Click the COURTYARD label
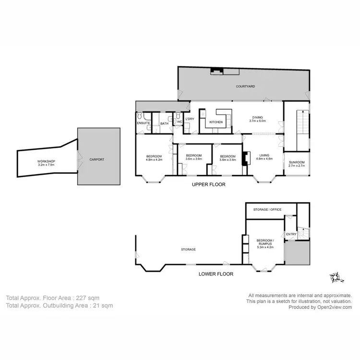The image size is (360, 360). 245,86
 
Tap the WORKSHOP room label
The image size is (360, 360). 47,163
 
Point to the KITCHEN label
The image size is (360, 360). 216,122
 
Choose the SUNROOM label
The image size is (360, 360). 297,162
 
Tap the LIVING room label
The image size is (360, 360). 264,156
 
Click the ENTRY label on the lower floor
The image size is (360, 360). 291,234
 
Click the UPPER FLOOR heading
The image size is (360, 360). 208,184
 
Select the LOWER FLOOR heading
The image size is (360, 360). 216,274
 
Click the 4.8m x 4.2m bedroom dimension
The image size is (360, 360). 154,159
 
